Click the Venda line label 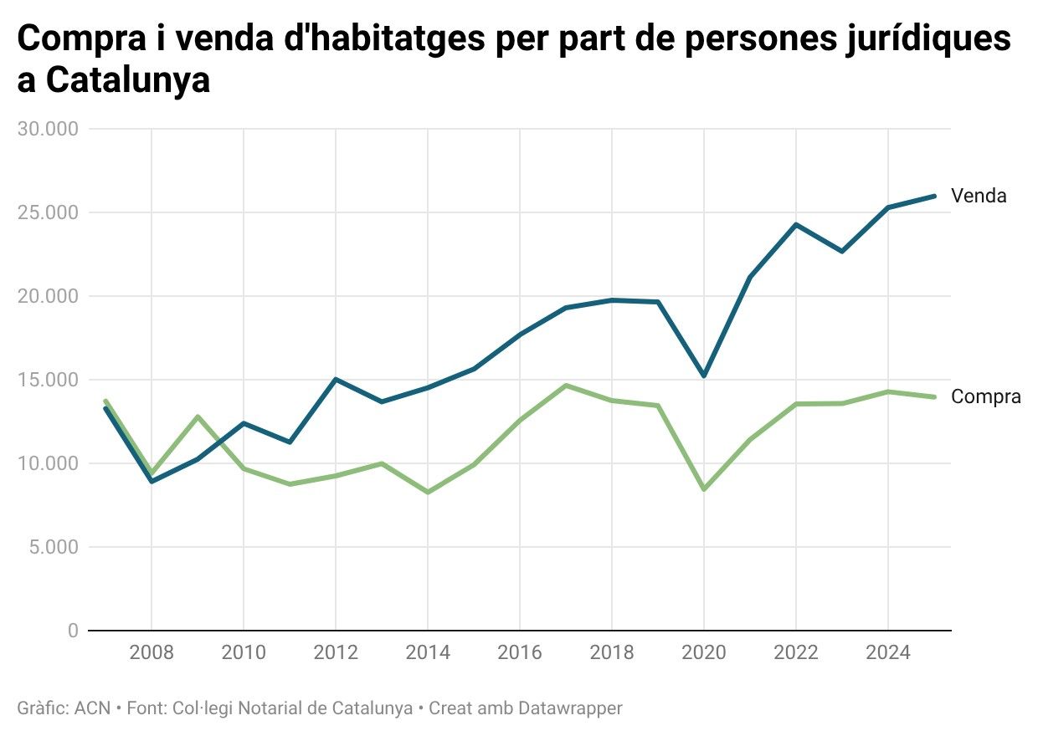click(x=978, y=197)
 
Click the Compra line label click(x=985, y=397)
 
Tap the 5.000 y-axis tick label click(x=52, y=547)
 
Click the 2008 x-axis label click(x=152, y=652)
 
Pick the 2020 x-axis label click(x=703, y=652)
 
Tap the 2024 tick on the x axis click(x=887, y=652)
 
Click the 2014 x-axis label click(x=428, y=652)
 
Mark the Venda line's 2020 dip click(x=704, y=376)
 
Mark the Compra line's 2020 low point click(x=704, y=489)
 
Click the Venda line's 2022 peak click(x=796, y=224)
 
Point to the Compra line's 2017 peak click(x=566, y=386)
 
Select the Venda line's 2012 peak click(x=336, y=380)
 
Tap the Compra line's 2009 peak click(x=198, y=417)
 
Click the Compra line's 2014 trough click(x=428, y=492)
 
